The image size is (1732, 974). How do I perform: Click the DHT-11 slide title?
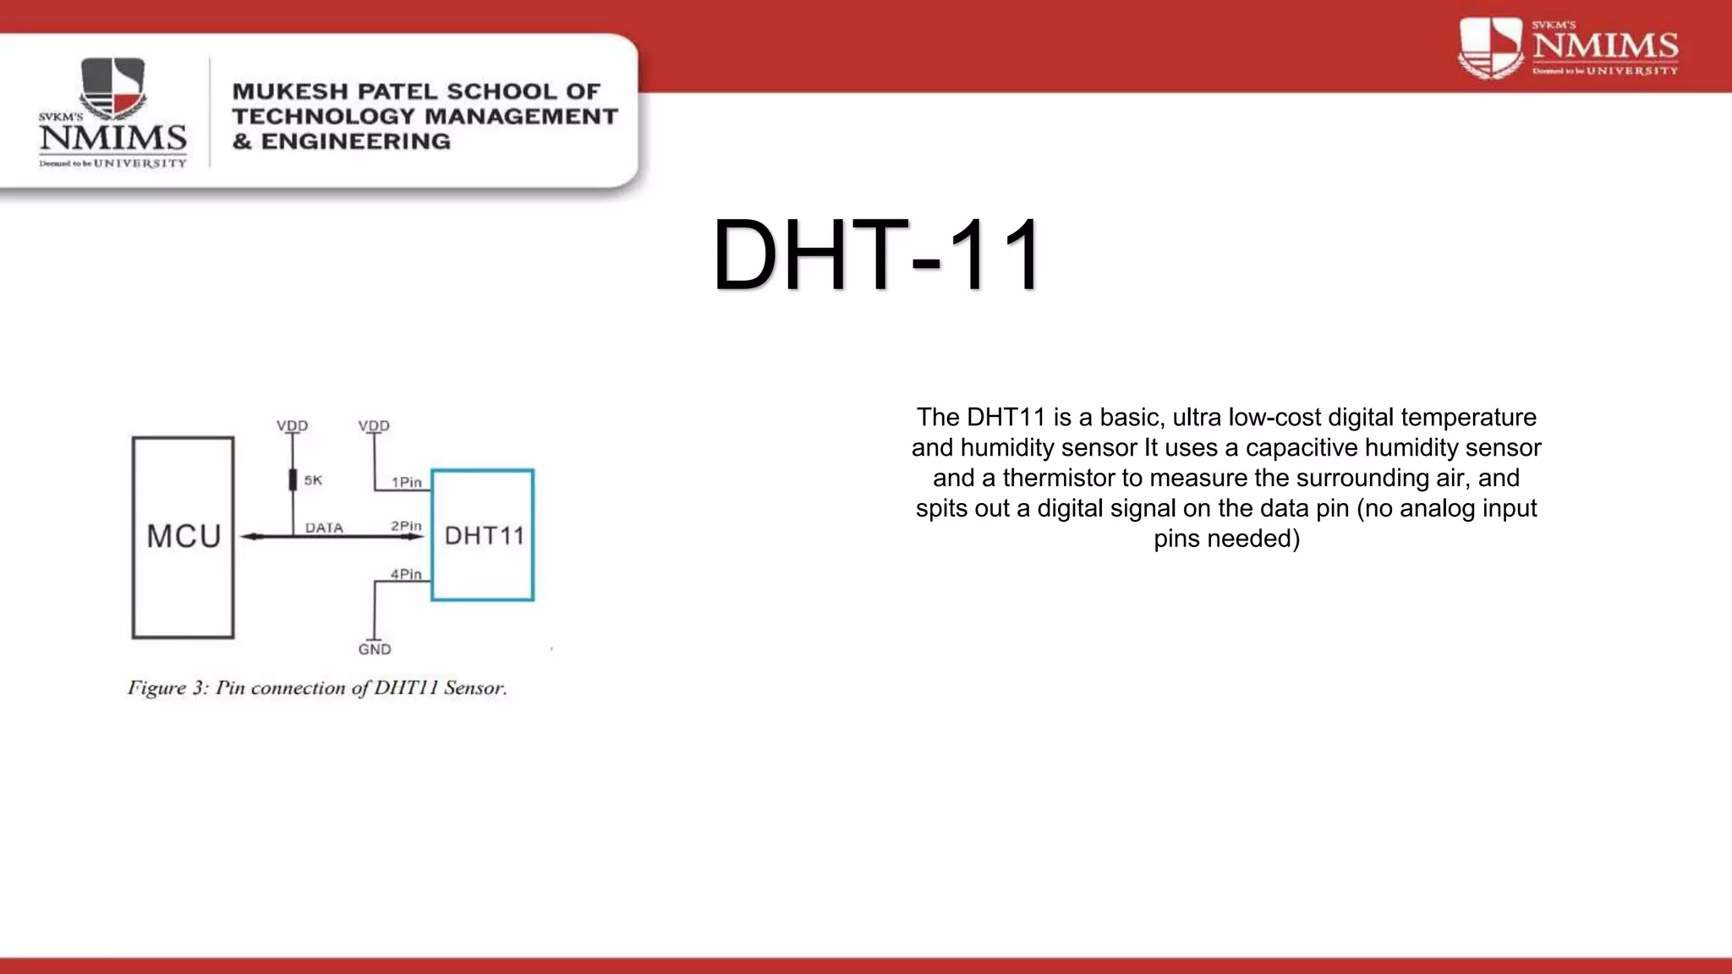(877, 254)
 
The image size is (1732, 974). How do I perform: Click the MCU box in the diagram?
(183, 537)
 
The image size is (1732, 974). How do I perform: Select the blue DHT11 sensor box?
(483, 535)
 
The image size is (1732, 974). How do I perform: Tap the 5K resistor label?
(313, 480)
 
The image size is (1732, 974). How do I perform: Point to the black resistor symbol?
(293, 479)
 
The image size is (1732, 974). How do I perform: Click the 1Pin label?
(406, 482)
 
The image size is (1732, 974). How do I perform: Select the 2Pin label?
(406, 526)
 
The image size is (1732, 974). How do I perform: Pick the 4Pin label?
(406, 574)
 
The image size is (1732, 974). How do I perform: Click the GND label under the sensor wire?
(375, 649)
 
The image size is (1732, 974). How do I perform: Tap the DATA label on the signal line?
(324, 528)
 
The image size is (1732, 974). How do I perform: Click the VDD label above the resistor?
(293, 425)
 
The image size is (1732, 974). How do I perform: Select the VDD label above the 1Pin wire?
(374, 425)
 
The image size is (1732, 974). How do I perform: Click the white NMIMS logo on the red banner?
(1568, 49)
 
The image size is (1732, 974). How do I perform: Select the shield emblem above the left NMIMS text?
(112, 87)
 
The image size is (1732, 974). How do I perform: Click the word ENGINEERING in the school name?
(355, 141)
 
